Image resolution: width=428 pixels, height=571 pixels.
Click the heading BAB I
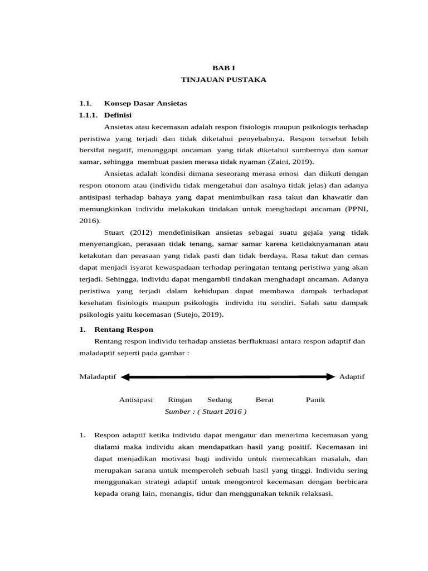(x=223, y=67)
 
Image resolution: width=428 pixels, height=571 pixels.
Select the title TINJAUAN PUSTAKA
(x=223, y=80)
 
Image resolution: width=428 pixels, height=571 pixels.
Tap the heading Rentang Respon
(x=124, y=330)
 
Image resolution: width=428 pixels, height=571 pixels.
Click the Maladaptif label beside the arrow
(x=98, y=377)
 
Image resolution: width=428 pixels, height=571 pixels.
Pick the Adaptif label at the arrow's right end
(x=352, y=377)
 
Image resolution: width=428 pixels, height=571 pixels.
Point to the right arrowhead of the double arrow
(x=330, y=377)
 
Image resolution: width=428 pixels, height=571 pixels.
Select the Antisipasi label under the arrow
(x=135, y=400)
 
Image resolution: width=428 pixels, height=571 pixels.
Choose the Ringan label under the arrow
(x=179, y=400)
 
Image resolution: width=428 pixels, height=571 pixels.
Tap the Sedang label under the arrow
(x=220, y=400)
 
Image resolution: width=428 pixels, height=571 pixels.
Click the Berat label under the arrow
(x=265, y=400)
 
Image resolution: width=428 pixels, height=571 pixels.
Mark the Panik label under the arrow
(x=315, y=400)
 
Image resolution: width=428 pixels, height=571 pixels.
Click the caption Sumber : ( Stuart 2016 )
(x=206, y=412)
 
